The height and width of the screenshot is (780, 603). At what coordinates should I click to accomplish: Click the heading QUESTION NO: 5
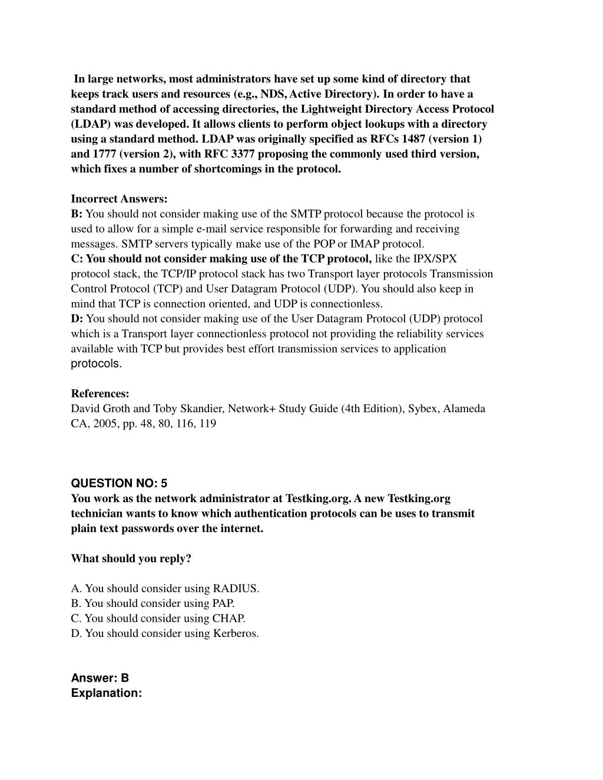119,483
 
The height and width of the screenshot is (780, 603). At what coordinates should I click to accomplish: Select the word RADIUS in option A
236,588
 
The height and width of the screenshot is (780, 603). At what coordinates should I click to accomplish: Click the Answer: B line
100,678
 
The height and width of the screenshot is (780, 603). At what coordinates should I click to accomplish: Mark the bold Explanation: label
107,693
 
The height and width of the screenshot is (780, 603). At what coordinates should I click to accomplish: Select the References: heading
100,393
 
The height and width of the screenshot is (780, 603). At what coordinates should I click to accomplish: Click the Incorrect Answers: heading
120,199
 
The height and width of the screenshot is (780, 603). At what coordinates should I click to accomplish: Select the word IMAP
365,244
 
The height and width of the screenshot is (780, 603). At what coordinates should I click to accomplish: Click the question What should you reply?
131,559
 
